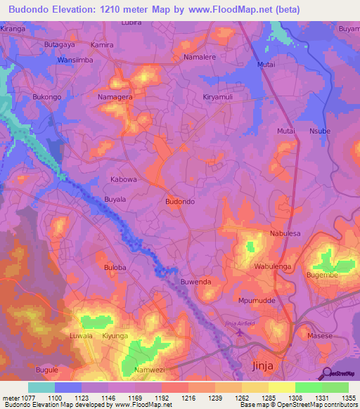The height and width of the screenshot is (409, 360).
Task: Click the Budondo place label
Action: (x=179, y=202)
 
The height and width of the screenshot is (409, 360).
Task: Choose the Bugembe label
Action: (x=322, y=277)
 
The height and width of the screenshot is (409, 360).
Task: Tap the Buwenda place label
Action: (x=196, y=282)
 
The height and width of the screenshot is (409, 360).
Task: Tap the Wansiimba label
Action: (x=75, y=60)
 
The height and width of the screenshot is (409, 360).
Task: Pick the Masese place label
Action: (x=320, y=337)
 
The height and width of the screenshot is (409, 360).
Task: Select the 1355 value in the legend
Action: (x=349, y=398)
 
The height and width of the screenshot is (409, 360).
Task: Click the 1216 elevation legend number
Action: (x=188, y=398)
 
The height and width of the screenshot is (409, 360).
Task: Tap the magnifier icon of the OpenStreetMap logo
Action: (x=326, y=373)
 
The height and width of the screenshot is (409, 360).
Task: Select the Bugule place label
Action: (x=47, y=369)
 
